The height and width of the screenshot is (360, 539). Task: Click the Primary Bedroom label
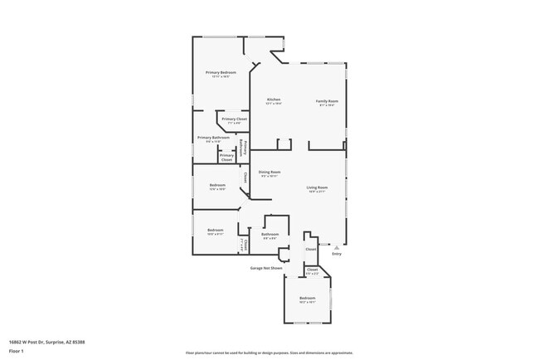coord(221,74)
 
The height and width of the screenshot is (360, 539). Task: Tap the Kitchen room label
coord(274,100)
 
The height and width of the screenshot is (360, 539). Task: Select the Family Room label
coord(328,101)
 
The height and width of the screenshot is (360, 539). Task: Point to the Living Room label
coord(318,188)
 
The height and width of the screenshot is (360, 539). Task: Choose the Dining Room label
coord(269,173)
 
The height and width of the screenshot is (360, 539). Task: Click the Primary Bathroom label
coord(213,139)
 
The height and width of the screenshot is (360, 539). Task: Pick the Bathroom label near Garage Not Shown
coord(269,235)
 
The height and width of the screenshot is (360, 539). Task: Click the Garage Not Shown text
coord(266,268)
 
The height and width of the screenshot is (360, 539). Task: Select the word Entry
coord(337,254)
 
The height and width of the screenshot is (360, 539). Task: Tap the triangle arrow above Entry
coord(337,246)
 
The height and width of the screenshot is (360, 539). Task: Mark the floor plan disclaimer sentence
coord(269,353)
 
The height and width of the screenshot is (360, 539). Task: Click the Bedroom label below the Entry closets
coord(307,299)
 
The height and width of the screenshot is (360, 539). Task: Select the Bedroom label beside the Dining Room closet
coord(217,186)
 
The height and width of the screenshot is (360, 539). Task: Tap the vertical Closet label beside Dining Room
coord(245,177)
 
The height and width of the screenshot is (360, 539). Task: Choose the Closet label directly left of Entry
coord(311,249)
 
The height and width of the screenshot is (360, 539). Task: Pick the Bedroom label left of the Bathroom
coord(216,231)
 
